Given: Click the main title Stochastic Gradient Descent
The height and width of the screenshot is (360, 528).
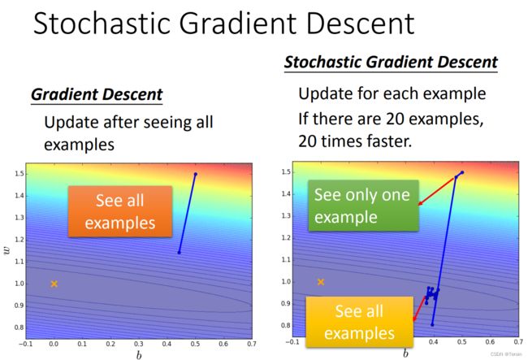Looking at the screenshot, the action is point(224,24).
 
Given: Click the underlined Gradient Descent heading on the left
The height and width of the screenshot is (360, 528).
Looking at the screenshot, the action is point(97,94).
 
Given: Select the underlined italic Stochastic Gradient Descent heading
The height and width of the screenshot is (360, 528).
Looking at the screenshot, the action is point(391,62).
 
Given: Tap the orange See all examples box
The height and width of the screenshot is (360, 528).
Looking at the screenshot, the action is point(120,211).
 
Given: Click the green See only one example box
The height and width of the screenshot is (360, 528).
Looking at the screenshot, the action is point(364,206).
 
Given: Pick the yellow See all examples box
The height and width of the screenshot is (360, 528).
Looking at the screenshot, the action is point(359,322).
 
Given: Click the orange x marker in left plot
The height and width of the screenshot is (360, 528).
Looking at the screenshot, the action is point(54,284).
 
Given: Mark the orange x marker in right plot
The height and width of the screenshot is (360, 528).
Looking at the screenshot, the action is point(321,282).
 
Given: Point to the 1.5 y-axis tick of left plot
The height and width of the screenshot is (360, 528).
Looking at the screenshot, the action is point(19,174).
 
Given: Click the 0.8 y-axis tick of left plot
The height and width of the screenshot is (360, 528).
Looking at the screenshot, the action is point(19,327).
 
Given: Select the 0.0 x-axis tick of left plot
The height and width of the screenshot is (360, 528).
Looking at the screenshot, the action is point(54,344).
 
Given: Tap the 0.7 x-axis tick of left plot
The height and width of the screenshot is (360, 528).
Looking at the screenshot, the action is point(252,344).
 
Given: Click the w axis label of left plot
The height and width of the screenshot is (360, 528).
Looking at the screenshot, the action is point(6,250).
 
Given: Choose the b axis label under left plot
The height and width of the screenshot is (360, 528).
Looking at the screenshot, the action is point(139,355).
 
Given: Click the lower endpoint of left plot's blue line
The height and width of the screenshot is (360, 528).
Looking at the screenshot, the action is point(180,253).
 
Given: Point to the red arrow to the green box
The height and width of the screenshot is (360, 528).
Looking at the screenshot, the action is point(437,191).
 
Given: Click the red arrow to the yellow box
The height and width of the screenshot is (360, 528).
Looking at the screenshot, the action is point(420,308).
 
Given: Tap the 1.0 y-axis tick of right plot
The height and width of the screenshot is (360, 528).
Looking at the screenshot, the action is point(286,281).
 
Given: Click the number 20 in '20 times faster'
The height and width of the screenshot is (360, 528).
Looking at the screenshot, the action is point(307,141).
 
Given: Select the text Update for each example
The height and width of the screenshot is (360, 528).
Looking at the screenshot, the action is point(392,94).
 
